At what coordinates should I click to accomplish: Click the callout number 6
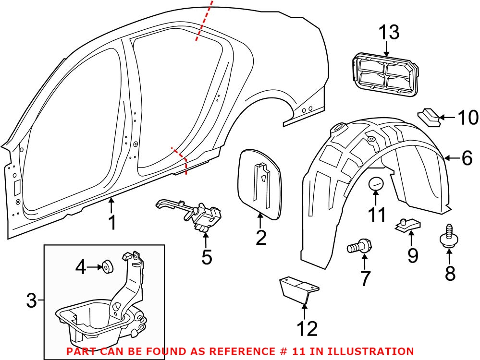pyautogui.click(x=467, y=158)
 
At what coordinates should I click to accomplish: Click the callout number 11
pyautogui.click(x=377, y=214)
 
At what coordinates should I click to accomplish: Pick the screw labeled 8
pyautogui.click(x=448, y=237)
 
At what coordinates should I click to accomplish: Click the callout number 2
pyautogui.click(x=260, y=237)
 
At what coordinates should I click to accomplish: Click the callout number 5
pyautogui.click(x=206, y=257)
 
